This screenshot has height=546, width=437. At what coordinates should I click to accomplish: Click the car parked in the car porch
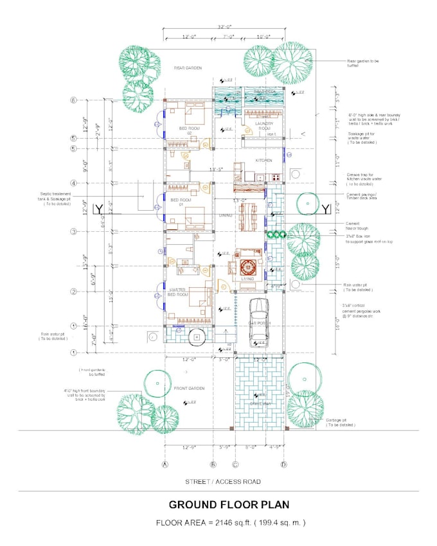(x=258, y=322)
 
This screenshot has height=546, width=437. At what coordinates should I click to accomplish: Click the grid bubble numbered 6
(x=74, y=100)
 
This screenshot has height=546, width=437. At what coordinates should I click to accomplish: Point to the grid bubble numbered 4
(x=74, y=183)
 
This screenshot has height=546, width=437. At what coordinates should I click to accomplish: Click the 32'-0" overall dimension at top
(x=224, y=27)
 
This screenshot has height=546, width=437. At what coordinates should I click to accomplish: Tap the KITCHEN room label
(x=263, y=160)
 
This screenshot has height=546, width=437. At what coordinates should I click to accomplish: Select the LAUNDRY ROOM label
(x=263, y=126)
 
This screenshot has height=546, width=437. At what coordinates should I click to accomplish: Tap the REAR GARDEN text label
(x=188, y=67)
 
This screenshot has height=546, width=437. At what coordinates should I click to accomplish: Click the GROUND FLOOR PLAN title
(x=229, y=505)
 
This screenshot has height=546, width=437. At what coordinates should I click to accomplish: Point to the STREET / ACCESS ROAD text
(x=223, y=481)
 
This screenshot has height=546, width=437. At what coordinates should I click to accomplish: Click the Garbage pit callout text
(x=340, y=422)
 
